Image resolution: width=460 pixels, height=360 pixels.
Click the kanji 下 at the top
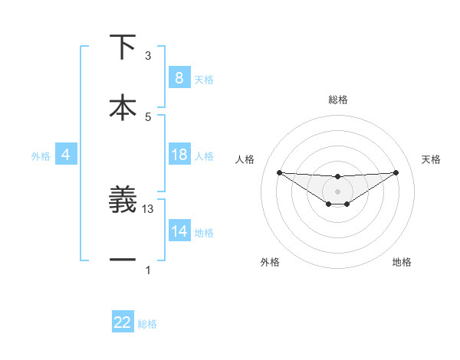pos(123,47)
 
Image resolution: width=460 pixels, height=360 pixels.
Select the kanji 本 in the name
pos(123,107)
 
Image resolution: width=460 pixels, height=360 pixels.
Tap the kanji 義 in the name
pos(123,201)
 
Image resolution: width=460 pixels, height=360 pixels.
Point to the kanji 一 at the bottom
pos(123,260)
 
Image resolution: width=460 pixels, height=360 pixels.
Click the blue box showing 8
pos(179,78)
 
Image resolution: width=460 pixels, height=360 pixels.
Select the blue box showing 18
pos(179,155)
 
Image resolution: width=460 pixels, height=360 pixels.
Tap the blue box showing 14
pos(179,231)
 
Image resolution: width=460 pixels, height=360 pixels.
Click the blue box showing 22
pos(123,322)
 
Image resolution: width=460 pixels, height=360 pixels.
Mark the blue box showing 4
pos(65,155)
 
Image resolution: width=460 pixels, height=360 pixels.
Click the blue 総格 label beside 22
pos(147,324)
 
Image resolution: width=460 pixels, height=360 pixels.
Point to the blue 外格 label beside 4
pos(41,156)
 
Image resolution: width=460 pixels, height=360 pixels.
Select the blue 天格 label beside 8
pos(204,80)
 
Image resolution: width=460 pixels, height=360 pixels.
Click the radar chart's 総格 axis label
pos(337,100)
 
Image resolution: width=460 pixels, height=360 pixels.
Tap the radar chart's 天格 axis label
pos(431,159)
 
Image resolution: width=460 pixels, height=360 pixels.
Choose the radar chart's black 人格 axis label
pos(245,159)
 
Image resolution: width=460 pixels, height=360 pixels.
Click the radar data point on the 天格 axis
pos(396,172)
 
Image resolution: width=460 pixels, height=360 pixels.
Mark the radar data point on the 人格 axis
pos(279,172)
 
